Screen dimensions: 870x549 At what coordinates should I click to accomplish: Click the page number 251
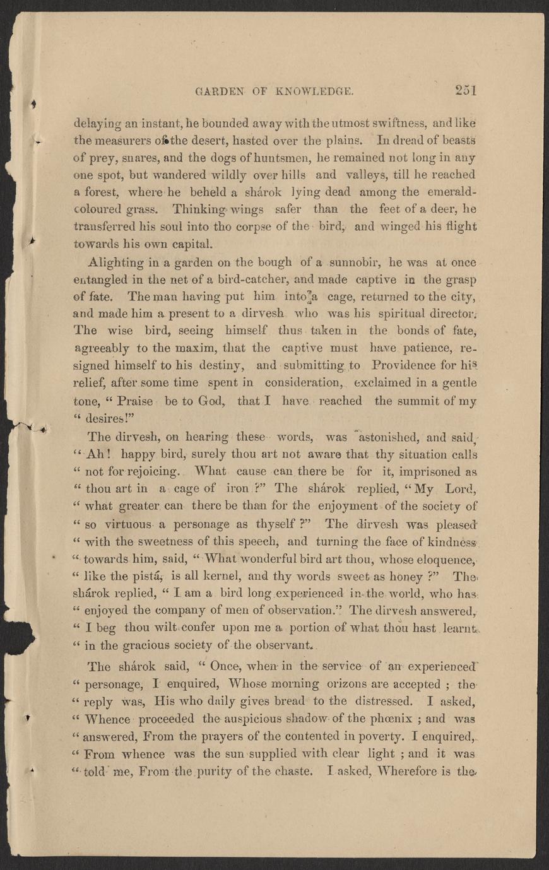465,90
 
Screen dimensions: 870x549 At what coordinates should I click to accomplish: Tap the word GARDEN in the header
215,91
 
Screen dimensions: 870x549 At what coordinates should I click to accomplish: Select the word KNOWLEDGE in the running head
319,91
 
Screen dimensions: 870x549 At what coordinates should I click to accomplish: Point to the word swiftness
353,122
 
